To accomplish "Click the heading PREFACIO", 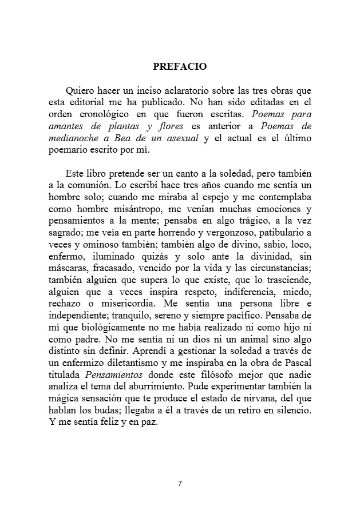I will (x=180, y=66).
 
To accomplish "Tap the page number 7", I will (x=180, y=484).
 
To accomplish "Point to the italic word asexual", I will (x=183, y=138).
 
